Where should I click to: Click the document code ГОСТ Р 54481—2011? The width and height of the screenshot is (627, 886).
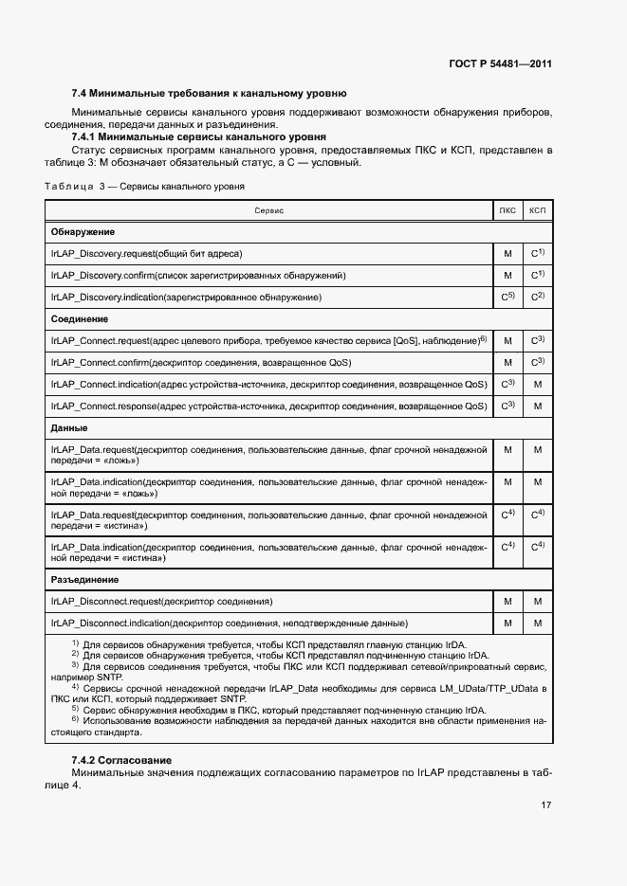pyautogui.click(x=500, y=64)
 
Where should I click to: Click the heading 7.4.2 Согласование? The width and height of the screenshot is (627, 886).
pyautogui.click(x=121, y=761)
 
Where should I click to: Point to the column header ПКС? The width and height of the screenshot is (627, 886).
pyautogui.click(x=507, y=209)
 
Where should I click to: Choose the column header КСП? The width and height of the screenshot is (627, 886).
pyautogui.click(x=537, y=209)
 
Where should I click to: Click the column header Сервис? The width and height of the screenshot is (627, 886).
pyautogui.click(x=268, y=209)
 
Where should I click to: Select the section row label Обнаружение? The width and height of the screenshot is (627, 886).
pyautogui.click(x=83, y=231)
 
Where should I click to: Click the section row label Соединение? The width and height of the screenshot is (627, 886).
pyautogui.click(x=80, y=319)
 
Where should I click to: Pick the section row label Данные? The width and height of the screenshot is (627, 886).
pyautogui.click(x=69, y=428)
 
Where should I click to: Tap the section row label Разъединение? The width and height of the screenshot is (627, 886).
pyautogui.click(x=84, y=579)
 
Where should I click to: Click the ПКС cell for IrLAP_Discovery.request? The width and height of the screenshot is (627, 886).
pyautogui.click(x=507, y=253)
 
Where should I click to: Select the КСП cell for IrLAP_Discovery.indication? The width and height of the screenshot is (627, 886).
pyautogui.click(x=537, y=297)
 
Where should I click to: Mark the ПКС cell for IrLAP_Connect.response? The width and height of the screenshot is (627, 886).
pyautogui.click(x=507, y=406)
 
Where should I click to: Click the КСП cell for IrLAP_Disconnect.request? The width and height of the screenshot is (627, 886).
pyautogui.click(x=537, y=601)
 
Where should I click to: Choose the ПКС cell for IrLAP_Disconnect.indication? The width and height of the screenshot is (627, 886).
pyautogui.click(x=507, y=623)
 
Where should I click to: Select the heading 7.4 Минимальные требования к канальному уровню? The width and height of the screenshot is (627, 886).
pyautogui.click(x=209, y=94)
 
